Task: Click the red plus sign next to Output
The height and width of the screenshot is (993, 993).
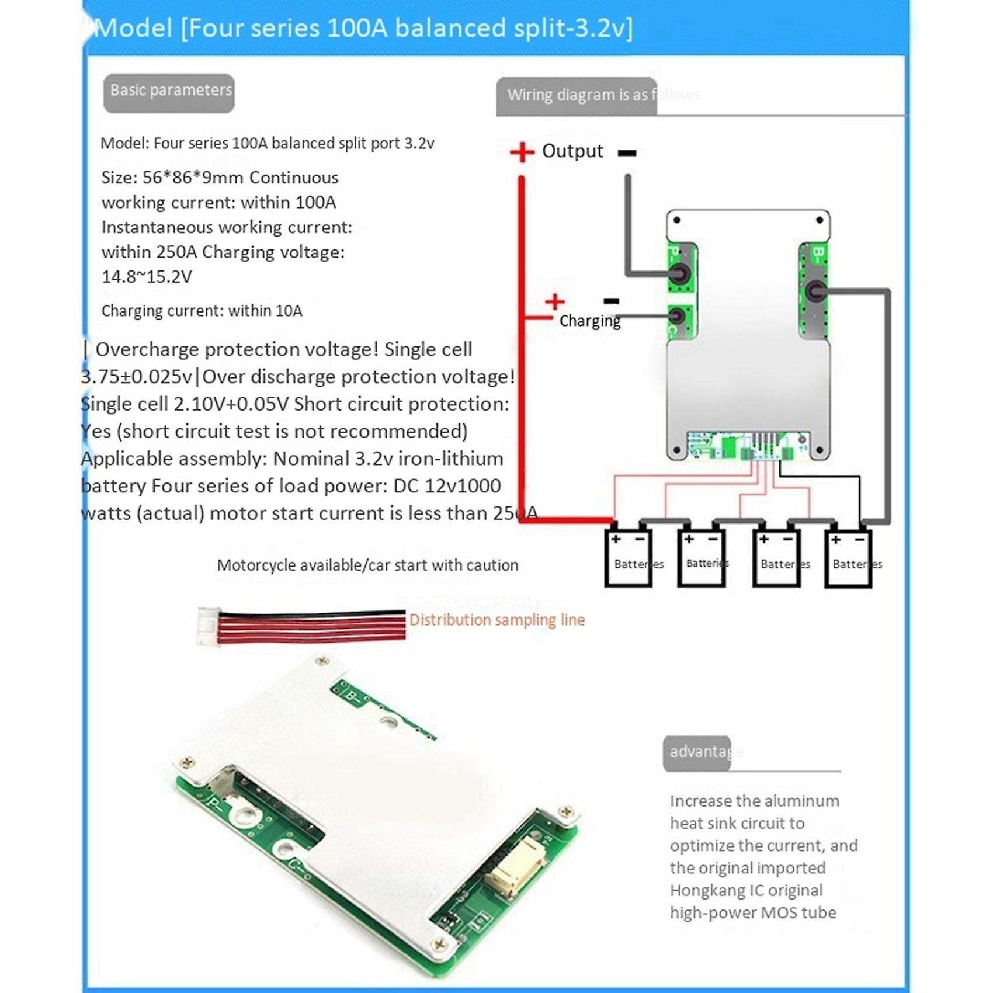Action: click(522, 152)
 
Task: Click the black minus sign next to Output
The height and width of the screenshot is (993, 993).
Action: click(627, 153)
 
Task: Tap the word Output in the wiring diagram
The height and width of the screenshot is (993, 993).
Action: click(572, 151)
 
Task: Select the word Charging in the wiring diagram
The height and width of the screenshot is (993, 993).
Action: click(589, 321)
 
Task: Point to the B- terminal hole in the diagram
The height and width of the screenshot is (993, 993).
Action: click(815, 290)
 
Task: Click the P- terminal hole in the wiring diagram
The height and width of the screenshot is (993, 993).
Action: click(679, 273)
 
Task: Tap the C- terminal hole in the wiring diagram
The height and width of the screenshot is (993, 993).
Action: click(677, 316)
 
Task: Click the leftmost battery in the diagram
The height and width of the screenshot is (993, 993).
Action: click(629, 558)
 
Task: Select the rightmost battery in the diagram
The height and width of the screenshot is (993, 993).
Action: click(848, 558)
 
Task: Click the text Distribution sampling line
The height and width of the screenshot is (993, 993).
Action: click(496, 620)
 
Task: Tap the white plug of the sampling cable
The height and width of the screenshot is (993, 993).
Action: click(207, 626)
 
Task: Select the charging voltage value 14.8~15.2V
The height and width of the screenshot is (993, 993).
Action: click(147, 277)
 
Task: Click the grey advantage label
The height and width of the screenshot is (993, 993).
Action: click(697, 752)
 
